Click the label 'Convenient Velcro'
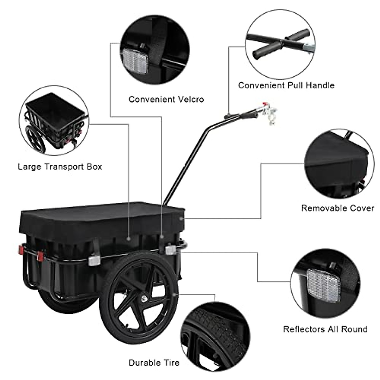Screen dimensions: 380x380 click(166, 99)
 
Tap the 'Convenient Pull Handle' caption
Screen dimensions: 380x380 click(286, 85)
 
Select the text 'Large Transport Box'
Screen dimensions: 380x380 click(60, 167)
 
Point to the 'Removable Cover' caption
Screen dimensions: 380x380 click(337, 208)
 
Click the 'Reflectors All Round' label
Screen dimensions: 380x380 click(325, 329)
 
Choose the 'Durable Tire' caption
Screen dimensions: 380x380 click(154, 363)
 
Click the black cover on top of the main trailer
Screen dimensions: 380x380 click(101, 218)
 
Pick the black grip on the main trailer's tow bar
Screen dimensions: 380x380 click(249, 115)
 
